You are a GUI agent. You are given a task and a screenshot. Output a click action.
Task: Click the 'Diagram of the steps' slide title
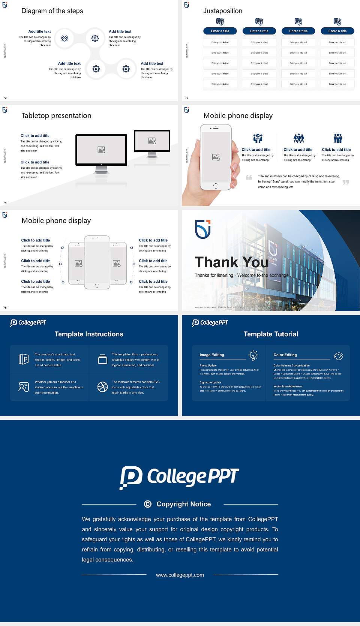pyautogui.click(x=52, y=11)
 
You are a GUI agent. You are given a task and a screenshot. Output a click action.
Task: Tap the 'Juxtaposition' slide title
pyautogui.click(x=222, y=11)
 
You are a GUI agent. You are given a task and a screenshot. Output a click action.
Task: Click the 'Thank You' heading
pyautogui.click(x=231, y=262)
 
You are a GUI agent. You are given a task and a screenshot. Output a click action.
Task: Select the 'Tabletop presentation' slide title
pyautogui.click(x=56, y=116)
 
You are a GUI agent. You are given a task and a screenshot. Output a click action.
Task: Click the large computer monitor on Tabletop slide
pyautogui.click(x=101, y=150)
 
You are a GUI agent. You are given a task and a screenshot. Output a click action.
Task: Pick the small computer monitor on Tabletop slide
pyautogui.click(x=152, y=141)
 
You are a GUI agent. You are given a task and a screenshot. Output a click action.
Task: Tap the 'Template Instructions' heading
pyautogui.click(x=89, y=334)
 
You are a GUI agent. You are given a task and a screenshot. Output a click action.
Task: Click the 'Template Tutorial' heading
pyautogui.click(x=271, y=334)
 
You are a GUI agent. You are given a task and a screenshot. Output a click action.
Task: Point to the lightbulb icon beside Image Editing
pyautogui.click(x=253, y=355)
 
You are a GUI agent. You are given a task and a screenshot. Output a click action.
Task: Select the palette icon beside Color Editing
pyautogui.click(x=339, y=356)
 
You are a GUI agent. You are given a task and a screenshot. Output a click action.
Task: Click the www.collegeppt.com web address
pyautogui.click(x=180, y=575)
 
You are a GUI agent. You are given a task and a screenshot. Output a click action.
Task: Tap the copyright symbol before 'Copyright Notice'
pyautogui.click(x=148, y=504)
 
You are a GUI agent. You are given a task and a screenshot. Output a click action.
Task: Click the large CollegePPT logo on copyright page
pyautogui.click(x=179, y=477)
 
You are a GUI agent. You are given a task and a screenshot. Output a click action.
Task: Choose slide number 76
pyautogui.click(x=5, y=307)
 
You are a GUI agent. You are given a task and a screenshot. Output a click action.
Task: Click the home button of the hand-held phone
pyautogui.click(x=215, y=186)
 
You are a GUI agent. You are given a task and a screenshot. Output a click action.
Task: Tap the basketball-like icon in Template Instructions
pyautogui.click(x=102, y=387)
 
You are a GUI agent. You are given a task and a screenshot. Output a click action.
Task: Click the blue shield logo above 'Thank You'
pyautogui.click(x=203, y=229)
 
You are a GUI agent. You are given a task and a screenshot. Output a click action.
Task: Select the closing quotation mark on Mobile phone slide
pyautogui.click(x=346, y=182)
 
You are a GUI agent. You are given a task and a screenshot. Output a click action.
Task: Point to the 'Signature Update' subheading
pyautogui.click(x=210, y=382)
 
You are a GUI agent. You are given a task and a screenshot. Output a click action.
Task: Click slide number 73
pyautogui.click(x=187, y=97)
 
